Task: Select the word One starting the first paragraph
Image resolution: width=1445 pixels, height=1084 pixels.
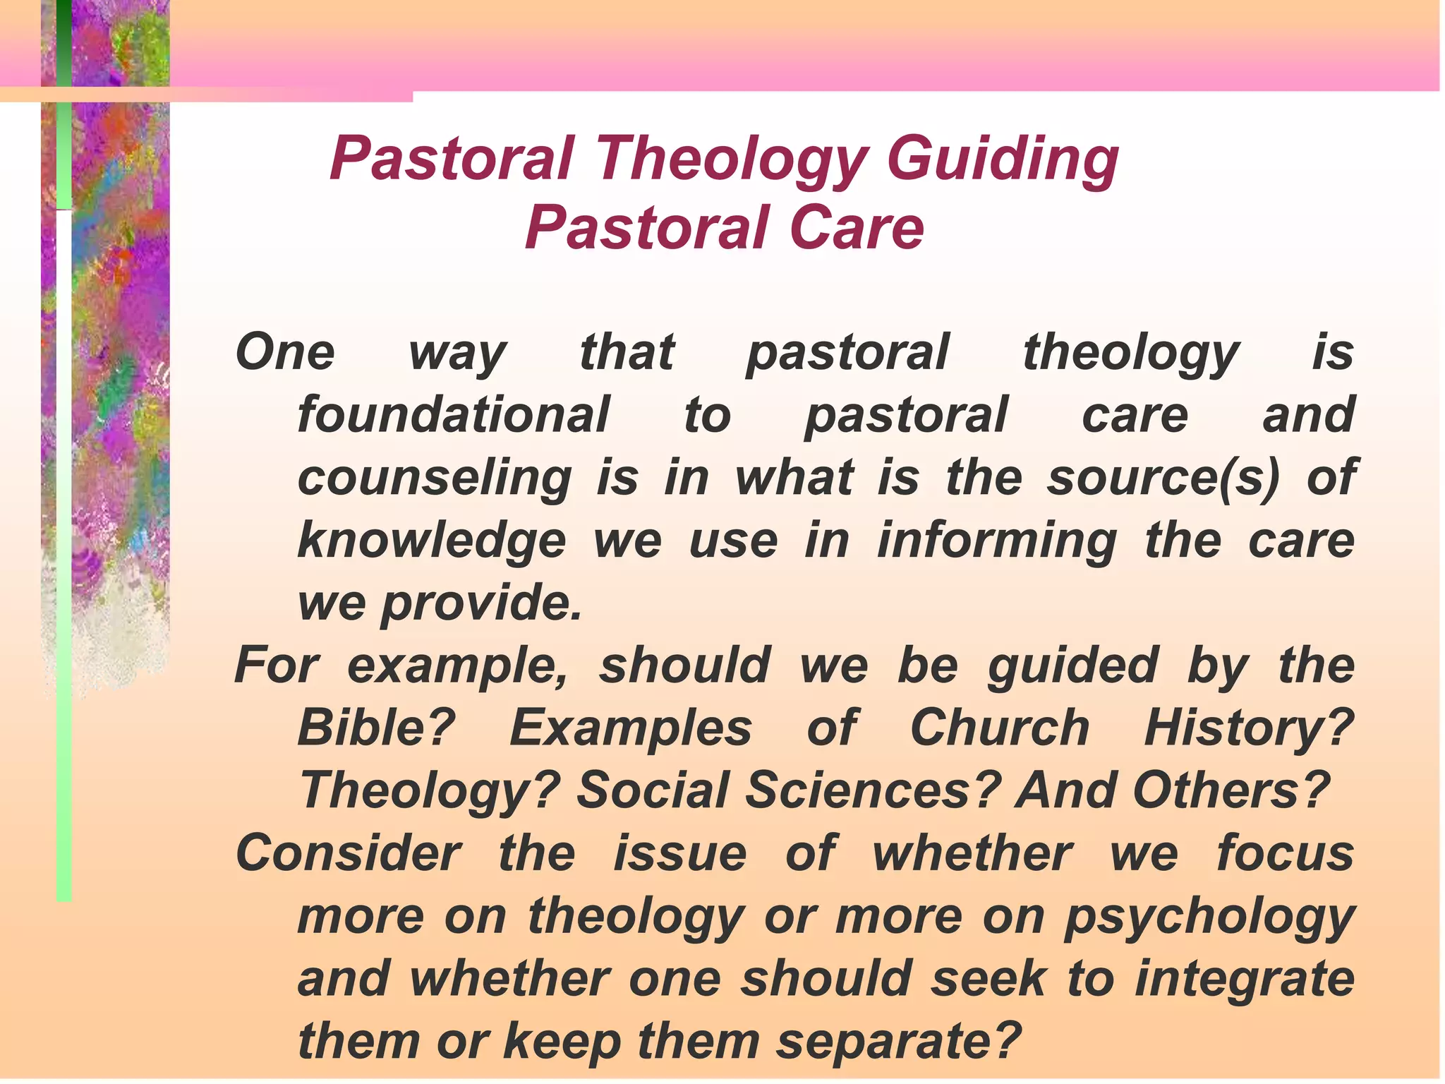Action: click(285, 352)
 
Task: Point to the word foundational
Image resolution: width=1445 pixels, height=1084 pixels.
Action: click(453, 415)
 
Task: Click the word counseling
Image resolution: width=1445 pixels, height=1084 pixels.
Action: click(434, 478)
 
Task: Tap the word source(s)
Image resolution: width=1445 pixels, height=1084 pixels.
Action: click(1163, 478)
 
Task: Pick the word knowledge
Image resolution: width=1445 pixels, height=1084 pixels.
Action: click(431, 541)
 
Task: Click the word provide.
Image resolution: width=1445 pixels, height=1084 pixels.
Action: click(481, 604)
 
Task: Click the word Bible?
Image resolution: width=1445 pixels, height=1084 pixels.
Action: click(376, 728)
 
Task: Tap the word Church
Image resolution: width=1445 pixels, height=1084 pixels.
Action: click(1000, 728)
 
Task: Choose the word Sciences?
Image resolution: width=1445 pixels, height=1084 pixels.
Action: click(873, 790)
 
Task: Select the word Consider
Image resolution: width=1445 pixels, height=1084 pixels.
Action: click(349, 853)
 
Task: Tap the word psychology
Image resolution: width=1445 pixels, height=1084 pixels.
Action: click(1209, 917)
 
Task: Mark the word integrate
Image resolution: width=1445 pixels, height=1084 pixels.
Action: click(1245, 980)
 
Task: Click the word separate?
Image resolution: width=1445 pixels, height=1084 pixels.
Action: click(899, 1042)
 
